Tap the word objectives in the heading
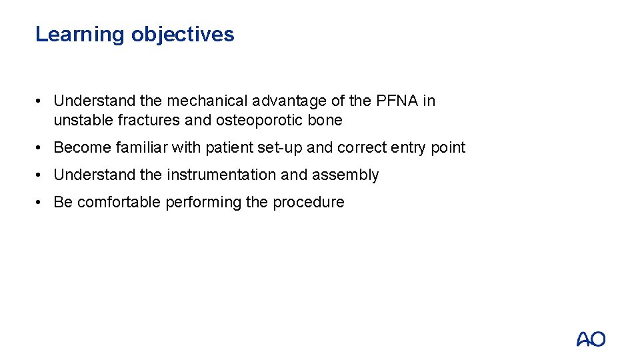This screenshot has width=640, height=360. coord(183,34)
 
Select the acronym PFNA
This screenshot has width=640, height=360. coord(397,101)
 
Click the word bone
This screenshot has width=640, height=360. coord(327,120)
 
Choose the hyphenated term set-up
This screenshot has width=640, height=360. coord(280,147)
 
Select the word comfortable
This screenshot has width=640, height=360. coord(117,202)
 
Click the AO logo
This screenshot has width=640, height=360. coord(591,339)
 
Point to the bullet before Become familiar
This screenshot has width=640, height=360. coord(41,147)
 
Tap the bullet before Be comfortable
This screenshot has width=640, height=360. coord(41,202)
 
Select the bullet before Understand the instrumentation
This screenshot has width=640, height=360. coord(41,175)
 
